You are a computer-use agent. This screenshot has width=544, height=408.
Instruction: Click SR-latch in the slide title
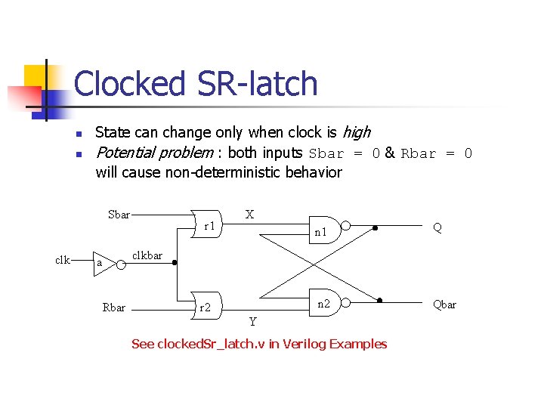pos(258,84)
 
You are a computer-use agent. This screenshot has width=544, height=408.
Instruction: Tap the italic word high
pos(356,133)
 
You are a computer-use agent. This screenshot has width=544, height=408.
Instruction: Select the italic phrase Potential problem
pos(154,153)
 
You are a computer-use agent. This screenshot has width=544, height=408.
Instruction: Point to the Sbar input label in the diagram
pos(119,215)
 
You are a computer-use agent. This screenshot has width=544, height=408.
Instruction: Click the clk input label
pos(63,260)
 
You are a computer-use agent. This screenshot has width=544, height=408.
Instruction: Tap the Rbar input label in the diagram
pos(113,307)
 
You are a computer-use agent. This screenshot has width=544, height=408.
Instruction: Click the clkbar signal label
pos(147,255)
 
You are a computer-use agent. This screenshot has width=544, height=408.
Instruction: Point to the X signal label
pos(249,215)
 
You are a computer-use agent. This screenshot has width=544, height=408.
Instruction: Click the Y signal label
pos(252,322)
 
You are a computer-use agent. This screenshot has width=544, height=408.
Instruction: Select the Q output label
pos(437,226)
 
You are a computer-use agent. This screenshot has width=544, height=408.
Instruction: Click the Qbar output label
pos(444,304)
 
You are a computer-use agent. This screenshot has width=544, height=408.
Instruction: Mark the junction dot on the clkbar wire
pos(175,264)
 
